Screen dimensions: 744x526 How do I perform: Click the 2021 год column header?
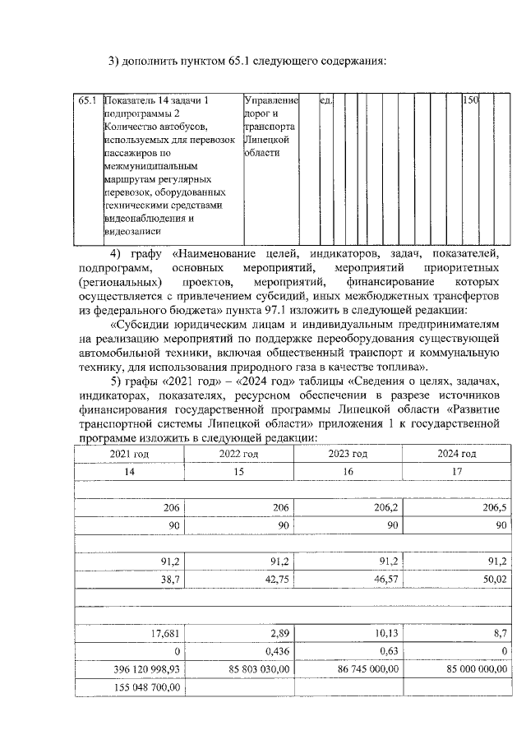pyautogui.click(x=130, y=454)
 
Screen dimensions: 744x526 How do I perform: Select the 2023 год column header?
pyautogui.click(x=348, y=454)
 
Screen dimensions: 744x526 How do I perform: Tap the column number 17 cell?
pyautogui.click(x=457, y=472)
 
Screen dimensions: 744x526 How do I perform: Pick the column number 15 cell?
pyautogui.click(x=238, y=472)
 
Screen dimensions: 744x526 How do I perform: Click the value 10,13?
pyautogui.click(x=386, y=634)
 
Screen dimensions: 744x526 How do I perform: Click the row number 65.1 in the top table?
pyautogui.click(x=88, y=100)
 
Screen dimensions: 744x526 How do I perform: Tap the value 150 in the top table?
pyautogui.click(x=470, y=100)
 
